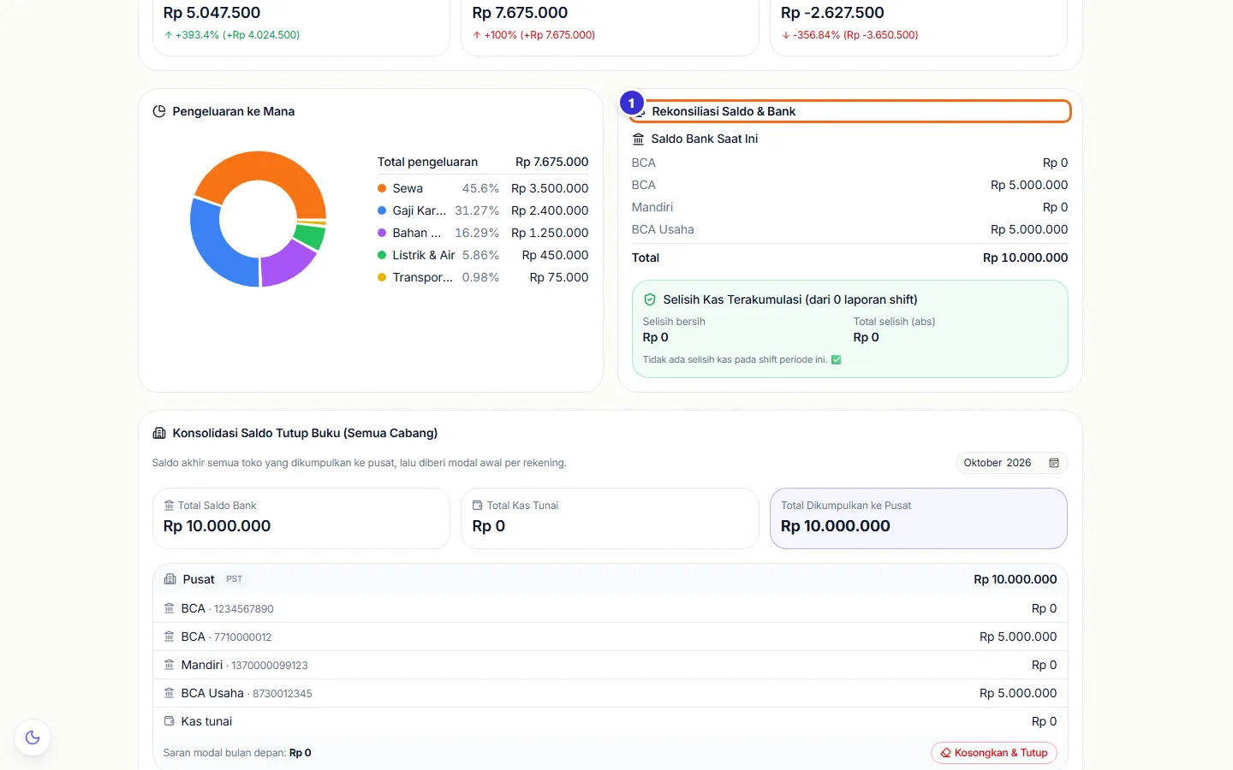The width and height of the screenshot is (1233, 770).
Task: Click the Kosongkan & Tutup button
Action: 993,752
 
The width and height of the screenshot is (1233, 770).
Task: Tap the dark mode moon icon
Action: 33,737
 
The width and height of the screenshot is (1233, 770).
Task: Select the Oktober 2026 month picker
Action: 1011,463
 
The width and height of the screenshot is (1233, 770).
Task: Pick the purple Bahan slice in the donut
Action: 286,264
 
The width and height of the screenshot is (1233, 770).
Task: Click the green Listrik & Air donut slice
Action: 310,236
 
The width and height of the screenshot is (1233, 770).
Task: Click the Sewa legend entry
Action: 408,188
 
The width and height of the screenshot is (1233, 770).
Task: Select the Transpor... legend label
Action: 422,277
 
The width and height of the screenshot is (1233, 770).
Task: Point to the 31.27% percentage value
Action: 477,210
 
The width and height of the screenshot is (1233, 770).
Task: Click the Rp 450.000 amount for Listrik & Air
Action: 555,255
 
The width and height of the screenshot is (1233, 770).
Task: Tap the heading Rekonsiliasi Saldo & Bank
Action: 724,111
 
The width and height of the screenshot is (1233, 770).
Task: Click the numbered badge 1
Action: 631,103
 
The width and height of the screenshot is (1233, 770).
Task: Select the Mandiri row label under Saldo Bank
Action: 652,207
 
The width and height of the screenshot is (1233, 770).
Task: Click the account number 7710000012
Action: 242,637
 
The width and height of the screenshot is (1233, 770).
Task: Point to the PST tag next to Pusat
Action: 234,578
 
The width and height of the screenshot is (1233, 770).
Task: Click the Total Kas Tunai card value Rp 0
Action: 488,526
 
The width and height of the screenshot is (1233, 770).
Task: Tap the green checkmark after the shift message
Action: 836,359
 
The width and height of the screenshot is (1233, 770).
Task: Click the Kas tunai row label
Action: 206,721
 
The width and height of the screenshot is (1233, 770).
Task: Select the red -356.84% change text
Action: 816,34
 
